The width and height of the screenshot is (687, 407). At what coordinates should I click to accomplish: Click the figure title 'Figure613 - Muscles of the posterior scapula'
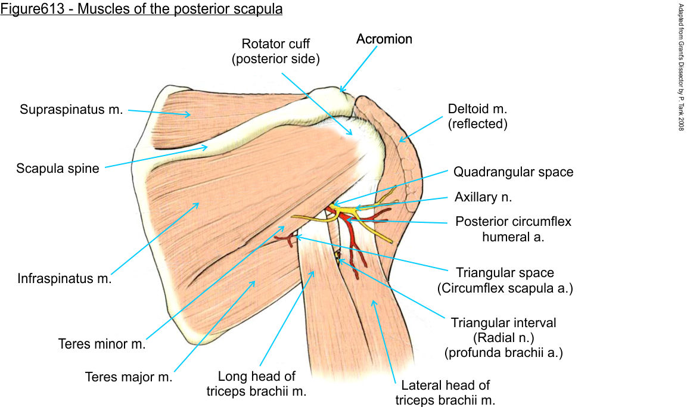coord(141,10)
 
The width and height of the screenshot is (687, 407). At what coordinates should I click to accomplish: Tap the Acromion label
coord(384,39)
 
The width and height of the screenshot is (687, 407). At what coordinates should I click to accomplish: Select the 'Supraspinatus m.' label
coord(71,110)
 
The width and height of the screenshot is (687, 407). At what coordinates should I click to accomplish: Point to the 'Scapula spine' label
coord(57,169)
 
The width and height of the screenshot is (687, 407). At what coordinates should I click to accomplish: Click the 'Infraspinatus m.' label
coord(64,278)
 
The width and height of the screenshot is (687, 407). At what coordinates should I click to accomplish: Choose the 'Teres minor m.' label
coord(102,344)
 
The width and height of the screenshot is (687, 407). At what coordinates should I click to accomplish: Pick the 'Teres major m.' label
coord(129,377)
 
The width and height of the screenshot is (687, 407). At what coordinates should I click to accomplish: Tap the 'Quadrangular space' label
coord(513,172)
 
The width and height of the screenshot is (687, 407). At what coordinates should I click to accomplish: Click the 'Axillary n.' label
coord(483,197)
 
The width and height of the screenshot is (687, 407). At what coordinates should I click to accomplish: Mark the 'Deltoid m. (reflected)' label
coord(479,117)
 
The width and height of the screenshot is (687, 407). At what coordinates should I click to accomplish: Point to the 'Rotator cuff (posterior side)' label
coord(276,51)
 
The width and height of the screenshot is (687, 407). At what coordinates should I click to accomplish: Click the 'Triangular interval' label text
coord(503,323)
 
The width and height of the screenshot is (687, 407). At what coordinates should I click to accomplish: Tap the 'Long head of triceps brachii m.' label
coord(257,384)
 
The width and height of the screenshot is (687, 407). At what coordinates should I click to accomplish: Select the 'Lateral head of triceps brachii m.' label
coord(446,393)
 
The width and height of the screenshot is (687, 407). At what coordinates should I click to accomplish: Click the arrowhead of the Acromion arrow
coord(342,90)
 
